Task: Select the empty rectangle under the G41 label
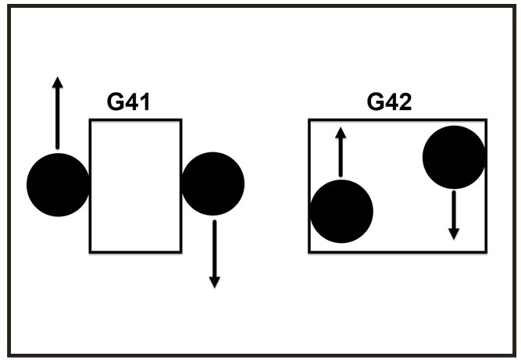point(135,186)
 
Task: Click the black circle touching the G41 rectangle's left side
point(58,185)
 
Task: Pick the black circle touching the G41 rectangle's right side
point(212,184)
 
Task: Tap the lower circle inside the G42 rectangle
point(341,212)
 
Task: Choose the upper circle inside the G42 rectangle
point(455,158)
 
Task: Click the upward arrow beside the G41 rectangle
point(57,113)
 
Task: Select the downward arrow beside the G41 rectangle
point(215,254)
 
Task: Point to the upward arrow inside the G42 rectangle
point(341,153)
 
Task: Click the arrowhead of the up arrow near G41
point(57,82)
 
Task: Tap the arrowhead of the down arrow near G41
point(215,281)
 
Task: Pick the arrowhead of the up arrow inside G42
point(341,132)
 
